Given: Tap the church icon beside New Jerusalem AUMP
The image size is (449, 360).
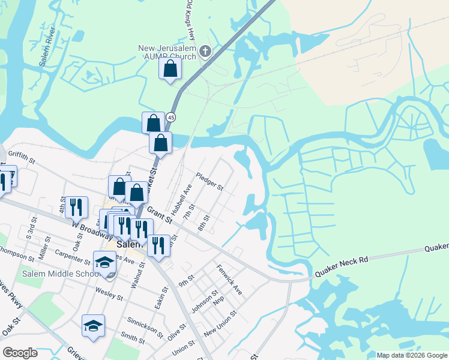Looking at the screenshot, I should coord(205,52).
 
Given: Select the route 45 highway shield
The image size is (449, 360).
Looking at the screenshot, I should coord(172,117).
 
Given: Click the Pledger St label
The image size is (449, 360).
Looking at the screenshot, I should coord(209,182).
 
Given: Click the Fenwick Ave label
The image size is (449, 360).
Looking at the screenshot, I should coord(229,280).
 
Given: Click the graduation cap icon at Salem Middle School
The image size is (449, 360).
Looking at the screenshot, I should coord(105,262).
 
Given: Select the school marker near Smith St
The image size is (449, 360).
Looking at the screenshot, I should coord(93,325).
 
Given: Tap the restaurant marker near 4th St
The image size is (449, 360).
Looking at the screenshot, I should coord(76,207).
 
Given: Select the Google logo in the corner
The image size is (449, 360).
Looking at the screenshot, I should coord(20,353).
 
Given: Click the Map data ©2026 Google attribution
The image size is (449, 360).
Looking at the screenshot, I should coord(412,355).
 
